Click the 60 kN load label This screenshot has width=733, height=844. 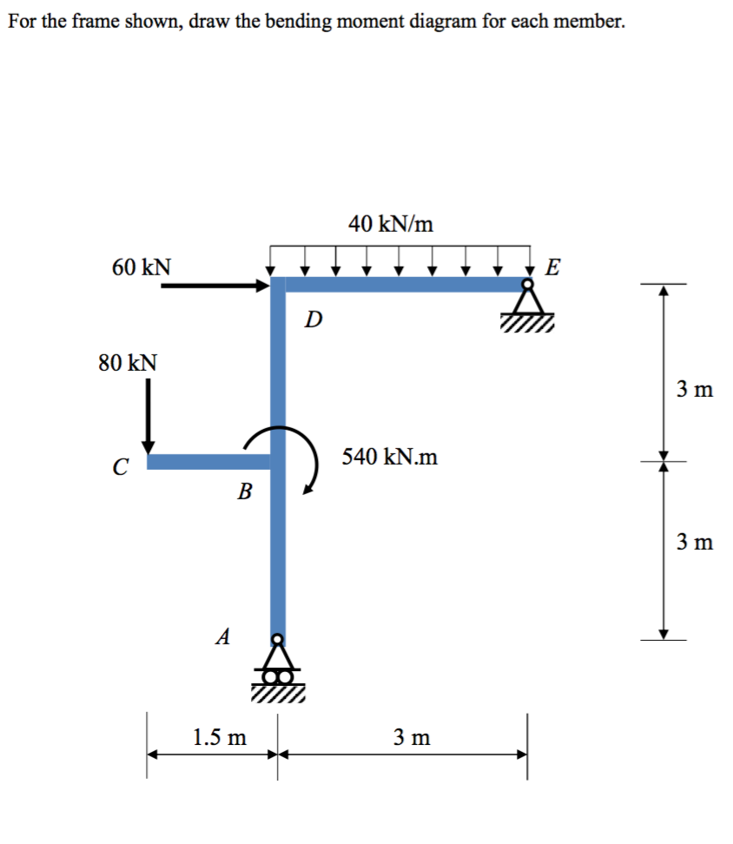point(142,267)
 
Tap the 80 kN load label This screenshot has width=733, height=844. point(128,363)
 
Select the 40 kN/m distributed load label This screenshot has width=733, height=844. point(391,224)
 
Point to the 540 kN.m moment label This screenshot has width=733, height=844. point(390,457)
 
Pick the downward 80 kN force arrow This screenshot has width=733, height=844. point(149,415)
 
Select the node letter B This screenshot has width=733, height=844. point(245,493)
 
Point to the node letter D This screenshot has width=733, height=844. point(314,320)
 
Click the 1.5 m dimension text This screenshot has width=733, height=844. point(219,738)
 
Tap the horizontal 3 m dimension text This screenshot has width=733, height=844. point(410,738)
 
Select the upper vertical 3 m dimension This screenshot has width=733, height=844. point(694,390)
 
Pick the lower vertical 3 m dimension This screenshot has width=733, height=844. point(694,543)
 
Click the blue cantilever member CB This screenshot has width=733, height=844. point(208,461)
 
